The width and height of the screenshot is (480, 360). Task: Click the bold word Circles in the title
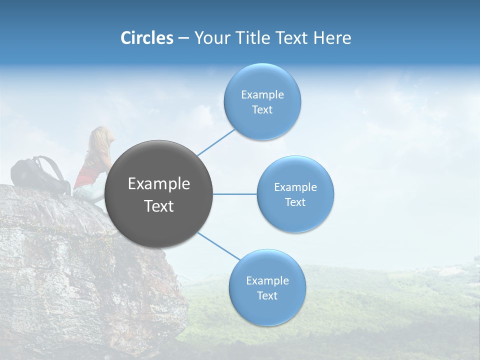click(x=146, y=38)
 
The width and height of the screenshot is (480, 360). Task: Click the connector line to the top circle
click(x=216, y=142)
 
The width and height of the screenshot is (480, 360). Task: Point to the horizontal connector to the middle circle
click(x=234, y=194)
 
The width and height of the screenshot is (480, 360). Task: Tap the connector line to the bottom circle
click(x=218, y=246)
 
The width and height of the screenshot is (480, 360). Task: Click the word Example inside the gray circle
click(x=159, y=184)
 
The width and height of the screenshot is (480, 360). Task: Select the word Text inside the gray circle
click(x=159, y=206)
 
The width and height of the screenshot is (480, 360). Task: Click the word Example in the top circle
click(x=262, y=94)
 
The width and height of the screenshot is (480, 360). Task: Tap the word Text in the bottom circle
click(x=267, y=295)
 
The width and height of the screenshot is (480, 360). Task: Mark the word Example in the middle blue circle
click(x=295, y=187)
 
